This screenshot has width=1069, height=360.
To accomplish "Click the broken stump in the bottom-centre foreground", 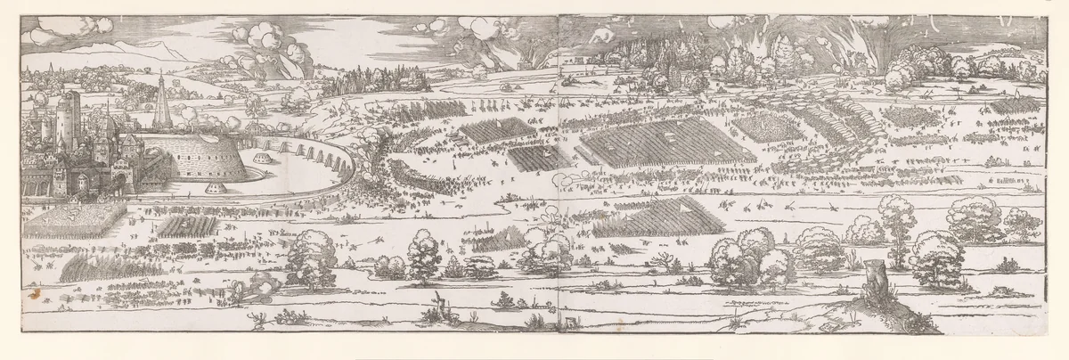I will pos(438,302).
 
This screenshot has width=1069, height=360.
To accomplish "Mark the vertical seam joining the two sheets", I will pos(557,178).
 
